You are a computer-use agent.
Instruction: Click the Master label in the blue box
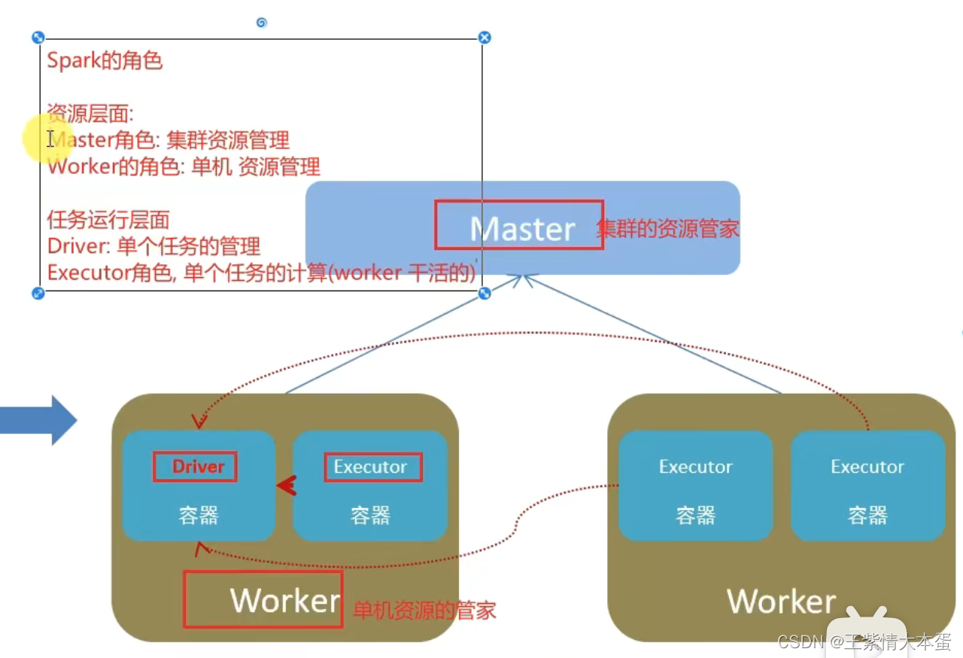click(522, 228)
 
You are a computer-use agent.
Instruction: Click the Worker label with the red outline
click(284, 600)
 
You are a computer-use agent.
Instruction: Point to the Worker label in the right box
click(781, 602)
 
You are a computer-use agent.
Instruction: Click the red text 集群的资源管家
click(668, 229)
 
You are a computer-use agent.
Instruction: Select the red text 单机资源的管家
click(424, 610)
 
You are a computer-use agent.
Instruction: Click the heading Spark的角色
click(105, 60)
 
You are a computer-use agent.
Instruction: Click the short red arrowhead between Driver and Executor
click(286, 487)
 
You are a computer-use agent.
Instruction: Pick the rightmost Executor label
click(867, 467)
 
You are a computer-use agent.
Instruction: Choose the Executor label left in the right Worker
click(695, 467)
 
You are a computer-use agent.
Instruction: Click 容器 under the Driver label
click(198, 516)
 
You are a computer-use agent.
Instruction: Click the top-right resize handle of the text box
click(485, 37)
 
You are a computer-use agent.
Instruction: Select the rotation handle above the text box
click(261, 23)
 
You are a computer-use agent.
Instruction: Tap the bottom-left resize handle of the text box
click(38, 293)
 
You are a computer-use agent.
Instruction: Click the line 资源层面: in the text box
click(90, 114)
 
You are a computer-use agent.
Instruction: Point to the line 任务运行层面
click(108, 220)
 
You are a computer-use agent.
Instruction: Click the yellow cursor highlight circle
click(47, 139)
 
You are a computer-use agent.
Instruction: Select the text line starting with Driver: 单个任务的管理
click(153, 246)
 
